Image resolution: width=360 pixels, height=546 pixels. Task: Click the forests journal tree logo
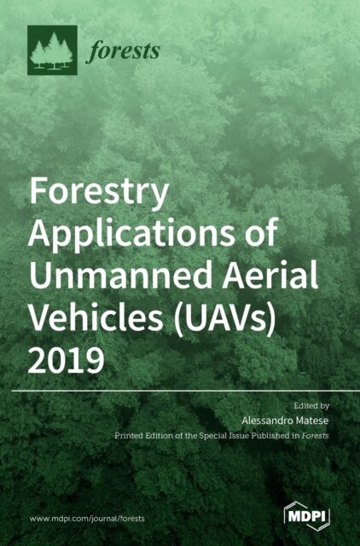[x=52, y=50]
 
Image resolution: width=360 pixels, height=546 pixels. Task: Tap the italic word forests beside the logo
[x=124, y=51]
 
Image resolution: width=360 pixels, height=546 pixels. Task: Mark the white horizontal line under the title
[x=180, y=391]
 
